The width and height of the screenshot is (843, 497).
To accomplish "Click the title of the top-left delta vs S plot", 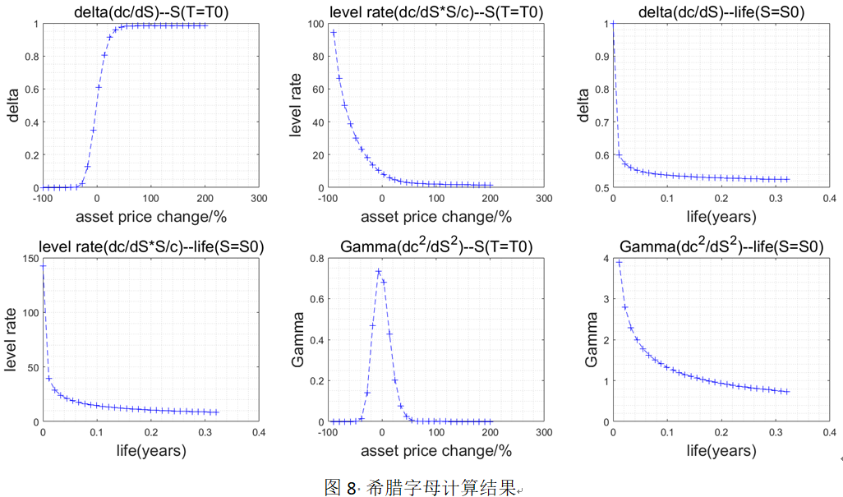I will pyautogui.click(x=150, y=12).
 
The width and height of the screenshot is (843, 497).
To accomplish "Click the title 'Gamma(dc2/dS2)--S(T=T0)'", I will pyautogui.click(x=435, y=246).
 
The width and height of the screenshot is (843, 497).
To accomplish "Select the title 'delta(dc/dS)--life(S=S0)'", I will pyautogui.click(x=720, y=12).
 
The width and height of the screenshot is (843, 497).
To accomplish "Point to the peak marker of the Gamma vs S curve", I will pyautogui.click(x=379, y=271).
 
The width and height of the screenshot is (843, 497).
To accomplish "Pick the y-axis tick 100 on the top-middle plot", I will pyautogui.click(x=314, y=24).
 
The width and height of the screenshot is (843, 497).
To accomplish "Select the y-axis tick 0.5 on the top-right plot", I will pyautogui.click(x=601, y=188).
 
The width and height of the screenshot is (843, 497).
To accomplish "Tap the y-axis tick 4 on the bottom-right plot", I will pyautogui.click(x=606, y=259).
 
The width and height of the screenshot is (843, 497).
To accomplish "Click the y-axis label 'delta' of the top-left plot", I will pyautogui.click(x=14, y=106).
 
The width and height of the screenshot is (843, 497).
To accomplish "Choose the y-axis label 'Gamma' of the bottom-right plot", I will pyautogui.click(x=589, y=340).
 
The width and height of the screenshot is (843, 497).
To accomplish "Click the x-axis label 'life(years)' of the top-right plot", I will pyautogui.click(x=720, y=218).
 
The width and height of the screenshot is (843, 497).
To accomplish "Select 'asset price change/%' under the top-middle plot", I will pyautogui.click(x=435, y=218).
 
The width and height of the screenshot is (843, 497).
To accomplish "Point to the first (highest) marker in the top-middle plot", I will pyautogui.click(x=334, y=33).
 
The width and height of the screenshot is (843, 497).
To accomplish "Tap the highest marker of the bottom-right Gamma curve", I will pyautogui.click(x=619, y=263).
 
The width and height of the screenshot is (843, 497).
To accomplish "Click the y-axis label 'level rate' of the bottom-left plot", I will pyautogui.click(x=12, y=340).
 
